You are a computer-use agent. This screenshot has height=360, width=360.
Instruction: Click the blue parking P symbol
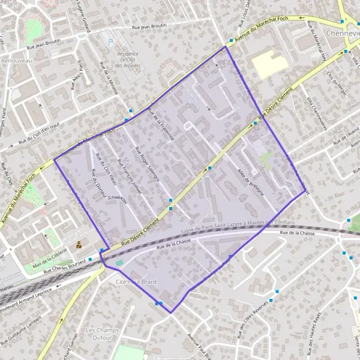(x=110, y=41)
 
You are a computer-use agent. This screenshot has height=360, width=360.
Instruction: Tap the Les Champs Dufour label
(x=100, y=334)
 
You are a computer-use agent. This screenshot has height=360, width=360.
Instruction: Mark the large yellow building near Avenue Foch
(x=269, y=62)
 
